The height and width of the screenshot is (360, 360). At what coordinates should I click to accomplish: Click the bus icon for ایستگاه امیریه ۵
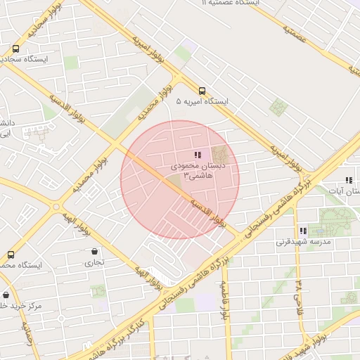(202, 90)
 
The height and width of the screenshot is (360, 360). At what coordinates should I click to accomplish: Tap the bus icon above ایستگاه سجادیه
(15, 49)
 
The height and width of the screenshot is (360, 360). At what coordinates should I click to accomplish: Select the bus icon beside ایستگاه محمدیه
(10, 254)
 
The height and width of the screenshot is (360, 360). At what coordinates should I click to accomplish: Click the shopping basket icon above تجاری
(94, 251)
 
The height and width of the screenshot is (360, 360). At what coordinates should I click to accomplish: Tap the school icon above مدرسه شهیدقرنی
(303, 230)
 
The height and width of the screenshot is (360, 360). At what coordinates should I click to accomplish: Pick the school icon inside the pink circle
(197, 155)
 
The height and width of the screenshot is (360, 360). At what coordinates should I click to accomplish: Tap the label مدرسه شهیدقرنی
(303, 242)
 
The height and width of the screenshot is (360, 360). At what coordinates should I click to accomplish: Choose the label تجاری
(94, 263)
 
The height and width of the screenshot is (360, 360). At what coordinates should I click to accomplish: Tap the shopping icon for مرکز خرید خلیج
(6, 295)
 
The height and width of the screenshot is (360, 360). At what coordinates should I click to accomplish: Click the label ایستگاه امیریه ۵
(202, 102)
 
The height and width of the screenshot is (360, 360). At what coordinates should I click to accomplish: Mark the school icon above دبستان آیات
(349, 180)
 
